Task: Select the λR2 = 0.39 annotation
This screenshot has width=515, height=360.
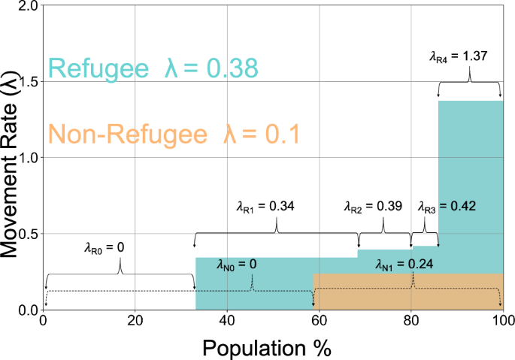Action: pyautogui.click(x=373, y=205)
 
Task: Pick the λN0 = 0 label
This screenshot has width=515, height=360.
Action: pyautogui.click(x=237, y=264)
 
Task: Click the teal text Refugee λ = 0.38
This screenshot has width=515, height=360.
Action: pyautogui.click(x=153, y=68)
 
